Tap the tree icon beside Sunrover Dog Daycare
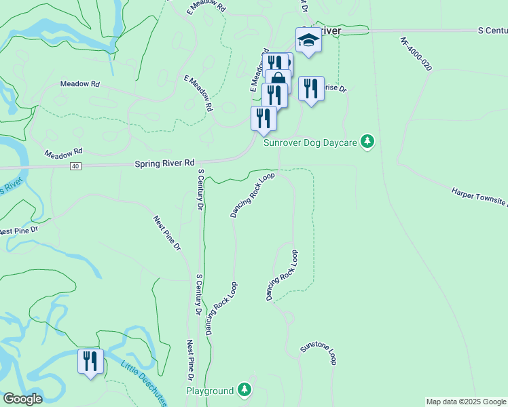pyautogui.click(x=367, y=141)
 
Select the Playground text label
pyautogui.click(x=210, y=391)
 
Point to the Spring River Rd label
pyautogui.click(x=164, y=163)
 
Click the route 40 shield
pyautogui.click(x=75, y=166)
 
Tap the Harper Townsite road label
pyautogui.click(x=479, y=199)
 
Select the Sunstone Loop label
pyautogui.click(x=319, y=353)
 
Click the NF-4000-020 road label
pyautogui.click(x=416, y=54)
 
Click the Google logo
pyautogui.click(x=22, y=399)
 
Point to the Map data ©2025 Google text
pyautogui.click(x=466, y=402)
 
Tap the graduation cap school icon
pyautogui.click(x=308, y=40)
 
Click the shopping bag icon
pyautogui.click(x=278, y=79)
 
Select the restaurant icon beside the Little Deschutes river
pyautogui.click(x=90, y=360)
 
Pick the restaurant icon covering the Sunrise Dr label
pyautogui.click(x=310, y=88)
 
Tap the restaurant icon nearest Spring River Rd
pyautogui.click(x=263, y=118)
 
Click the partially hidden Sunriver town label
pyautogui.click(x=329, y=31)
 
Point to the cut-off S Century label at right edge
pyautogui.click(x=492, y=31)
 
